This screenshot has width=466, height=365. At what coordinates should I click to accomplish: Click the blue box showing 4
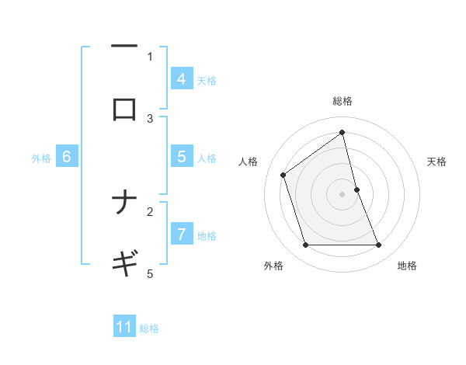tap(181, 78)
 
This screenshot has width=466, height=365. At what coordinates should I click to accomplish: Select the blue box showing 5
tap(181, 156)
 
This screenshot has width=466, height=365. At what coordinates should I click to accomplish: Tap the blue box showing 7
tap(181, 234)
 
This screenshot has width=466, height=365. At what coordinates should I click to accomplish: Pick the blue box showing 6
tap(67, 156)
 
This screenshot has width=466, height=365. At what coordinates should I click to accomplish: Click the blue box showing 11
tap(124, 327)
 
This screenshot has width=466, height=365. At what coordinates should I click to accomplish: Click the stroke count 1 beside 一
tap(150, 56)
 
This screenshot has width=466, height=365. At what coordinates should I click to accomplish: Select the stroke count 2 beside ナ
tap(150, 211)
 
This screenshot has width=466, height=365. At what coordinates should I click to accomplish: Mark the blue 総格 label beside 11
tap(149, 328)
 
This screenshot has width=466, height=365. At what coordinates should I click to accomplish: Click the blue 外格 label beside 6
tap(41, 158)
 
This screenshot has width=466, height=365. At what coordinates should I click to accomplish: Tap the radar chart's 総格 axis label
tap(343, 101)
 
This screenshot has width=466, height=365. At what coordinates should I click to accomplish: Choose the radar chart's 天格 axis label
tap(437, 162)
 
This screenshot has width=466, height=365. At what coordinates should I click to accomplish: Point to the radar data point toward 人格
tap(283, 175)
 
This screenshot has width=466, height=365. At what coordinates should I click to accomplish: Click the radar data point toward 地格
tap(379, 245)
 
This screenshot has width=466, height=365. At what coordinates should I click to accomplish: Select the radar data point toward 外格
tap(305, 245)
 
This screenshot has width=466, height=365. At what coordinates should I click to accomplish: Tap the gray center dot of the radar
tap(343, 194)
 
